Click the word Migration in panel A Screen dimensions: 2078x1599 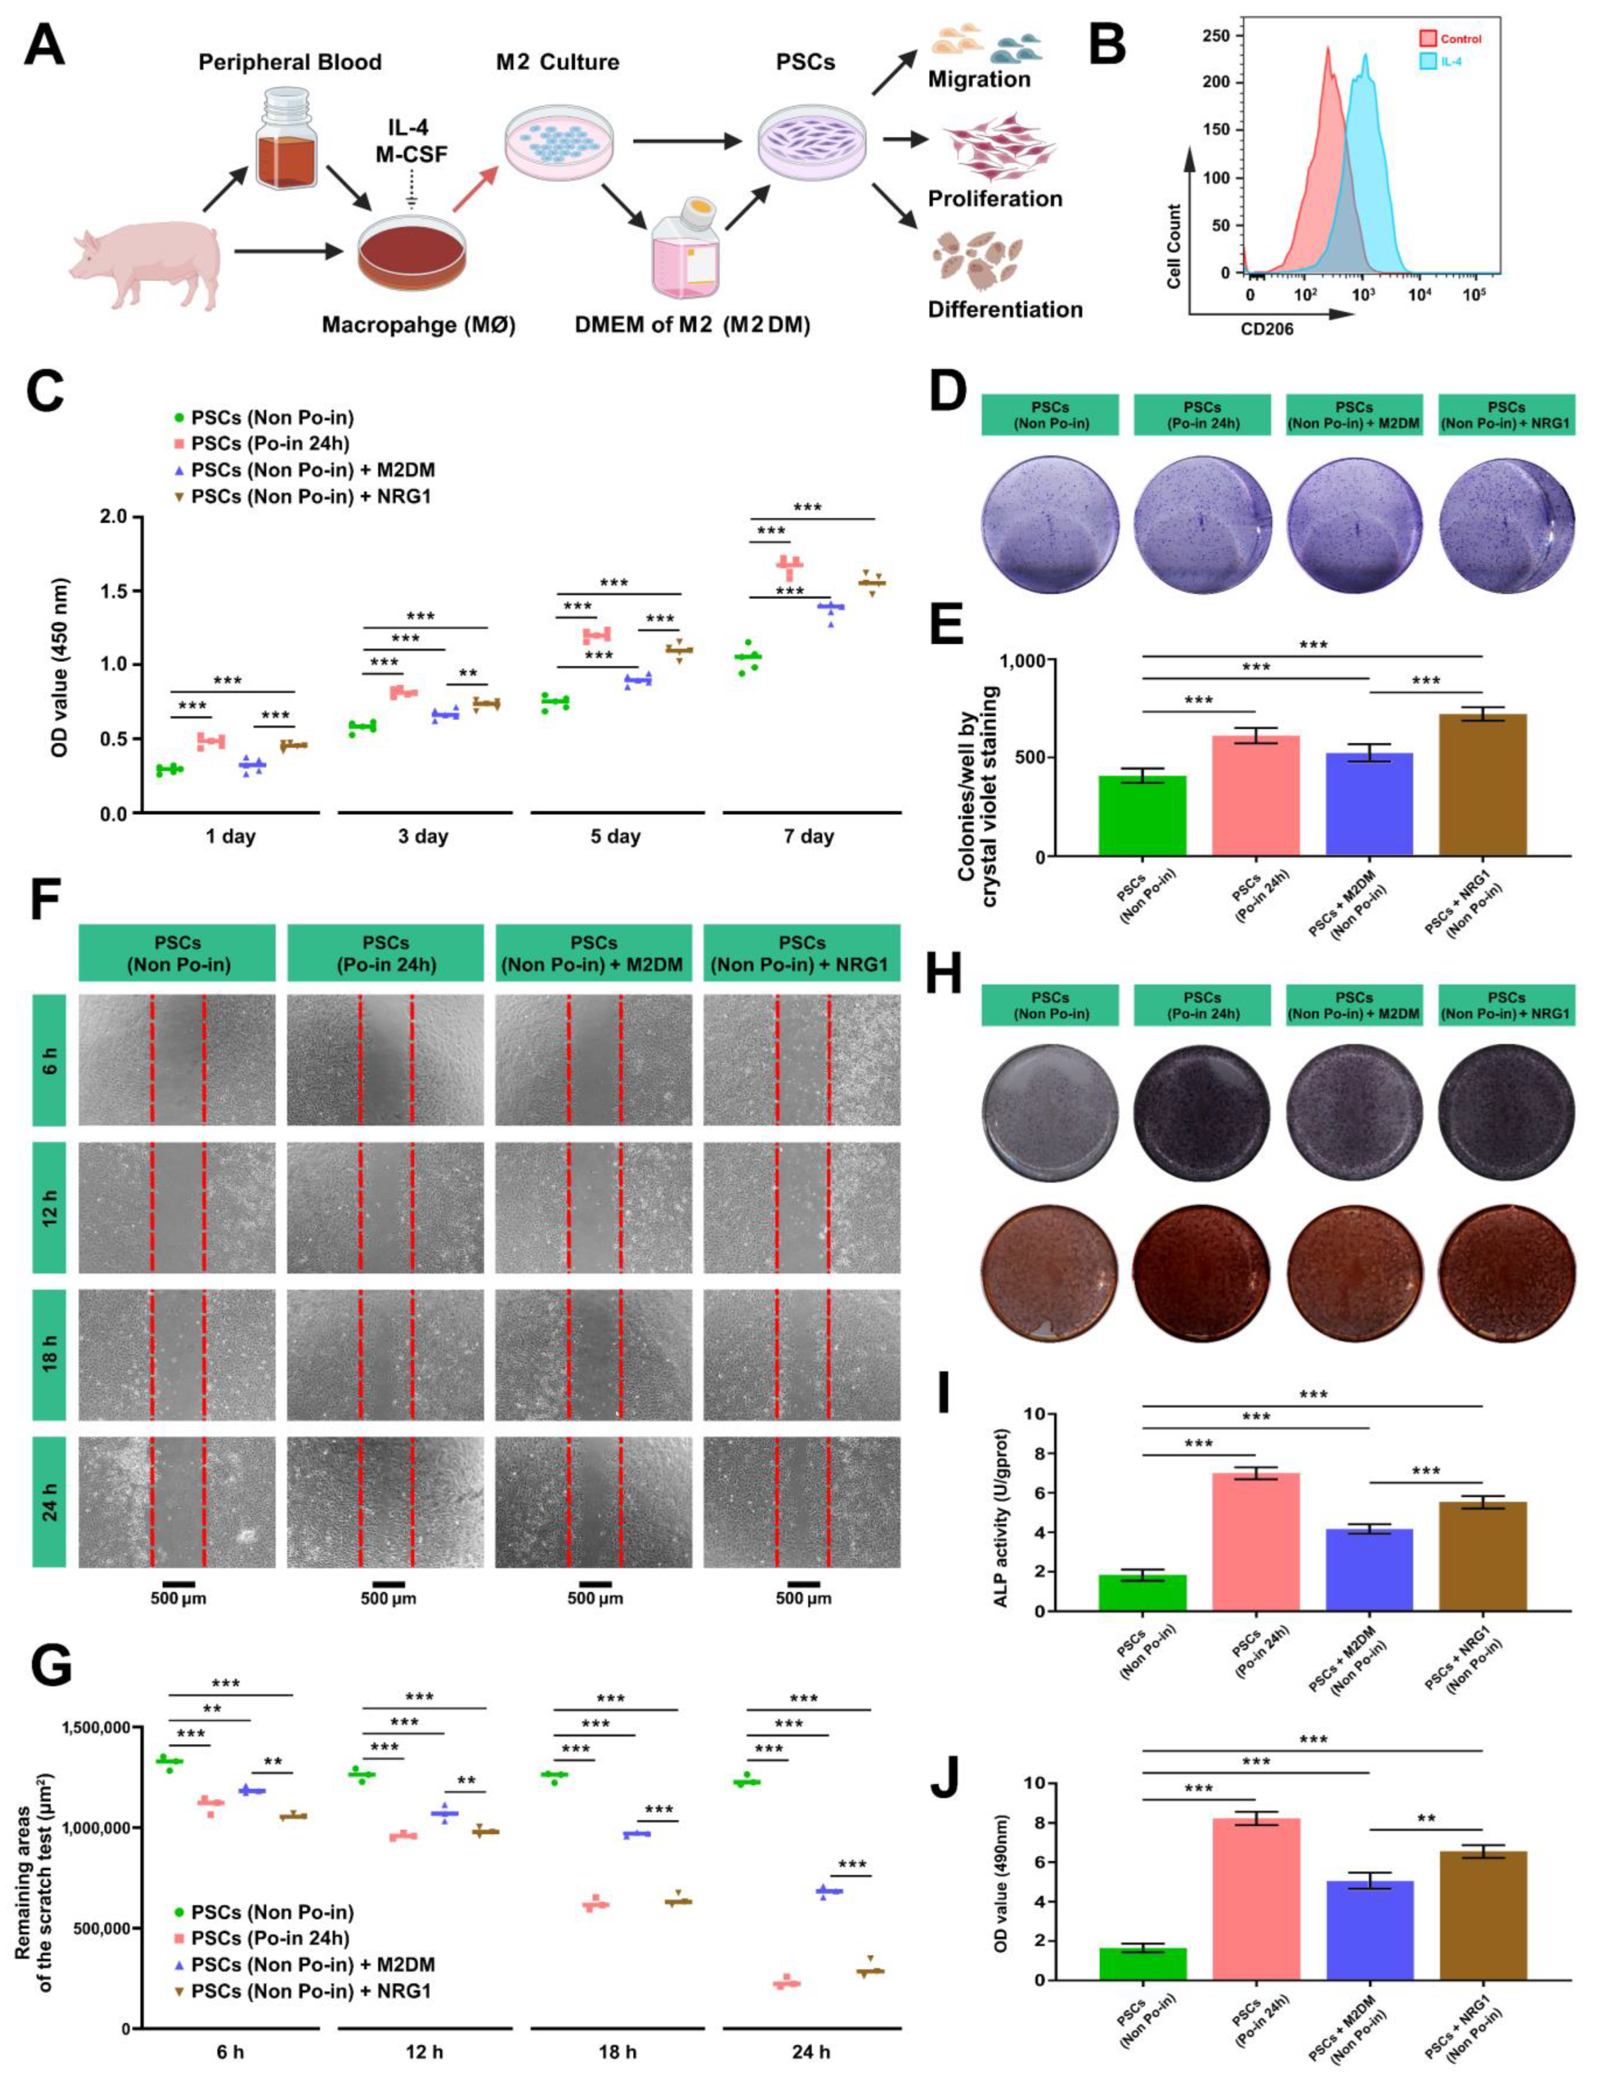[979, 79]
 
